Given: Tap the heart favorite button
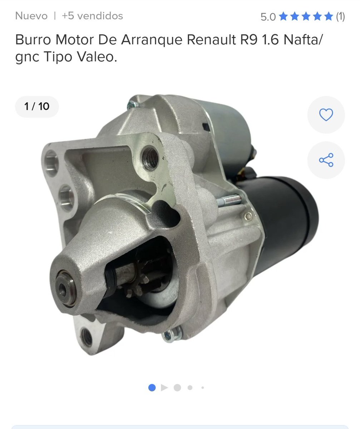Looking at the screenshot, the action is click(x=326, y=115).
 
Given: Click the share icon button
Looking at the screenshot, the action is click(x=326, y=160).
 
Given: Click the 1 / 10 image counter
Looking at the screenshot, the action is click(x=37, y=107).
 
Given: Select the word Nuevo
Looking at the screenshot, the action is click(x=31, y=16).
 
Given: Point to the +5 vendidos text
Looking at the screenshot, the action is click(x=92, y=16).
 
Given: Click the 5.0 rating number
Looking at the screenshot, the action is click(x=268, y=17).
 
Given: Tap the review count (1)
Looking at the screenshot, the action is click(x=340, y=16).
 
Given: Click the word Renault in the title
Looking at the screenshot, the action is click(x=211, y=39).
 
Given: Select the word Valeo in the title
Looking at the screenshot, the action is click(x=97, y=56).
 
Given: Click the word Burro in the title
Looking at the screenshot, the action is click(x=33, y=39).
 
